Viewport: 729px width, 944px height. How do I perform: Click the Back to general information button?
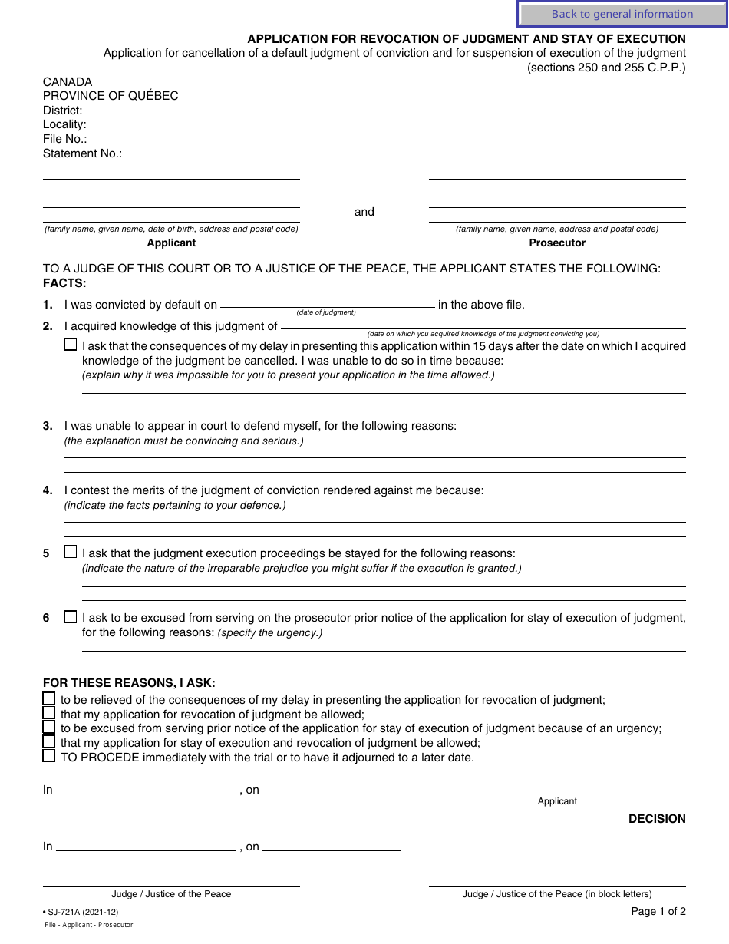622,14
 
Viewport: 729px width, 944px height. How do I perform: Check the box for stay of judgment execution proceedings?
71,552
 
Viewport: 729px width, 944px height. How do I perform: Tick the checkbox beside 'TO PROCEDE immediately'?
49,756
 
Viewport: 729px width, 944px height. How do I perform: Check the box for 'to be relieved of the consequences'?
49,698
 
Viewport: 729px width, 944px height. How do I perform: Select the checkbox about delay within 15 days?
71,345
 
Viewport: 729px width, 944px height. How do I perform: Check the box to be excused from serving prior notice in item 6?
71,616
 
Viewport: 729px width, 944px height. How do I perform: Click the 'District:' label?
62,111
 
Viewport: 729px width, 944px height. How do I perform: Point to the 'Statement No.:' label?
82,153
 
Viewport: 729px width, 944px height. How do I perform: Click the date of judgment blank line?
328,305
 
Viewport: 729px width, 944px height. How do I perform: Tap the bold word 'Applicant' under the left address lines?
171,243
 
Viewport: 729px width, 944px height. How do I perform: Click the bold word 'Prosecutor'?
557,243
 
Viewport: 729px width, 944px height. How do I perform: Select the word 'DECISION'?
657,819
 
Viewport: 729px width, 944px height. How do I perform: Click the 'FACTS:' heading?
64,283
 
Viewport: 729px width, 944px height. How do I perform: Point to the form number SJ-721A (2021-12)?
83,912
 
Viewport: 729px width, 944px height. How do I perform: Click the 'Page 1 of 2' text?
658,912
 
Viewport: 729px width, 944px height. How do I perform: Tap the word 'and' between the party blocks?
364,212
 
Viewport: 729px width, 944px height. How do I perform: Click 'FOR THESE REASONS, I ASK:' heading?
129,683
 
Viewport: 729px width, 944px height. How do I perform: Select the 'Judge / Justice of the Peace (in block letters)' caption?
557,894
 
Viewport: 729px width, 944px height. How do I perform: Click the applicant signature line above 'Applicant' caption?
557,793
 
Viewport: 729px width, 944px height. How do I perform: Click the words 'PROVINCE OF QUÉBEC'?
111,96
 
